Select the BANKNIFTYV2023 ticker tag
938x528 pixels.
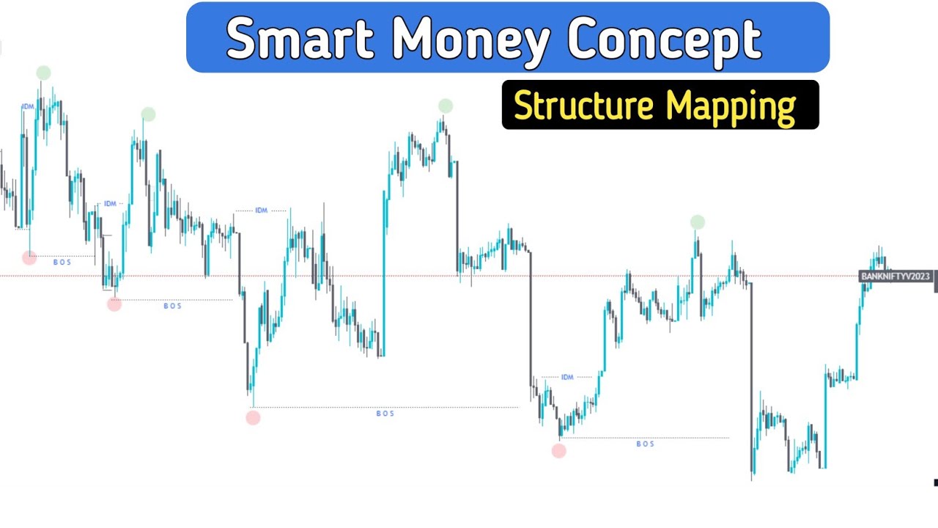tap(895, 276)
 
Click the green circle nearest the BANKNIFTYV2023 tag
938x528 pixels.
tap(698, 222)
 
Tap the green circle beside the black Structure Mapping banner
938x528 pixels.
tap(446, 106)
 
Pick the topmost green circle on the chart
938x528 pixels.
tap(43, 73)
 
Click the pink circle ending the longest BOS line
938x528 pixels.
tap(253, 418)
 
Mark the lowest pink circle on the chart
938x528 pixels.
tap(558, 451)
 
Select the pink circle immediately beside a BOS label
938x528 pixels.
tap(29, 257)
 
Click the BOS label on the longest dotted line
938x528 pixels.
tap(385, 414)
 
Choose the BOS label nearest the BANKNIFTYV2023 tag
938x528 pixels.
tap(645, 444)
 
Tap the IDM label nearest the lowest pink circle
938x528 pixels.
tap(567, 377)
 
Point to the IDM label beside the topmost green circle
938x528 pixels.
tap(28, 107)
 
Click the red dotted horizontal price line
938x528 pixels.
tap(440, 276)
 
